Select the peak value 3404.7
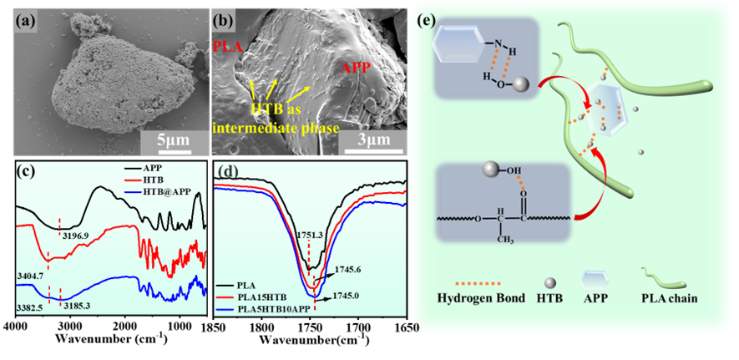pyautogui.click(x=28, y=273)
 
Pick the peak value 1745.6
pyautogui.click(x=345, y=269)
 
